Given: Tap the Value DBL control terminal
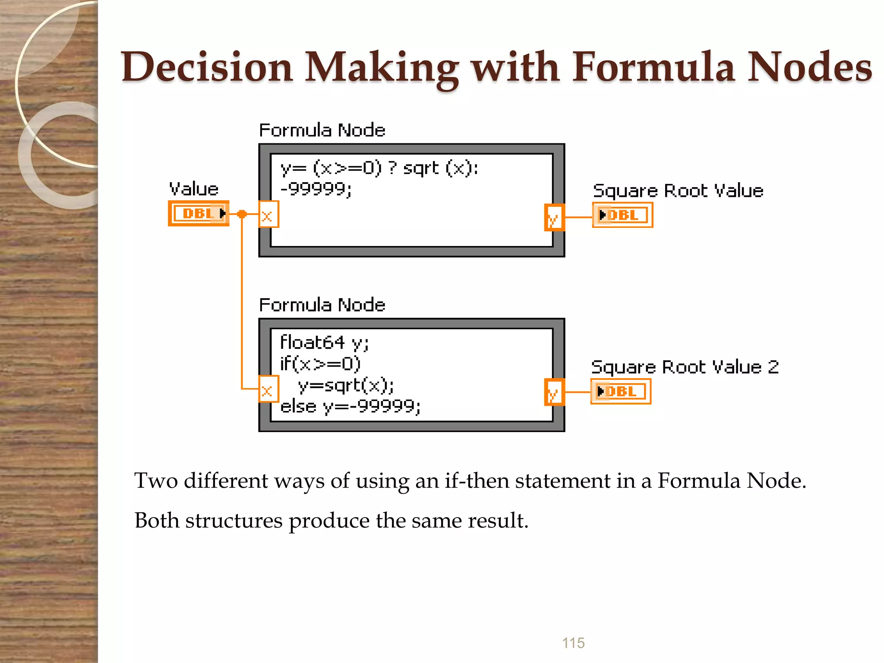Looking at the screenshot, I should (199, 213).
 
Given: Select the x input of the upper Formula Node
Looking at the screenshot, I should (268, 215).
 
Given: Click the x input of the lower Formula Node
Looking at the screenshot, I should (268, 389).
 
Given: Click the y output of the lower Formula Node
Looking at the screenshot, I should (554, 392).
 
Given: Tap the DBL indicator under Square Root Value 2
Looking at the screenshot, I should (620, 391).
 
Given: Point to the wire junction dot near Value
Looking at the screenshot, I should (242, 214).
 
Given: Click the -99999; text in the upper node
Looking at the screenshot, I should (316, 189).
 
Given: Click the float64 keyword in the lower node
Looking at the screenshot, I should (312, 342).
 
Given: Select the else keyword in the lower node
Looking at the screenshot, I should (298, 407).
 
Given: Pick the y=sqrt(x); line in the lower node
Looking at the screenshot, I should (346, 385).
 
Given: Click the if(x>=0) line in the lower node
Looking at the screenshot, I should (320, 364).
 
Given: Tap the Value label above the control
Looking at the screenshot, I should (194, 189).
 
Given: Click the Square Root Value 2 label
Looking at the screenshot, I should (685, 367).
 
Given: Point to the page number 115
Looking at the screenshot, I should (573, 643).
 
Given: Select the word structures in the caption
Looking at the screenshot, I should (234, 520).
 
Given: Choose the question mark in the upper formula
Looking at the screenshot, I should (392, 167).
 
